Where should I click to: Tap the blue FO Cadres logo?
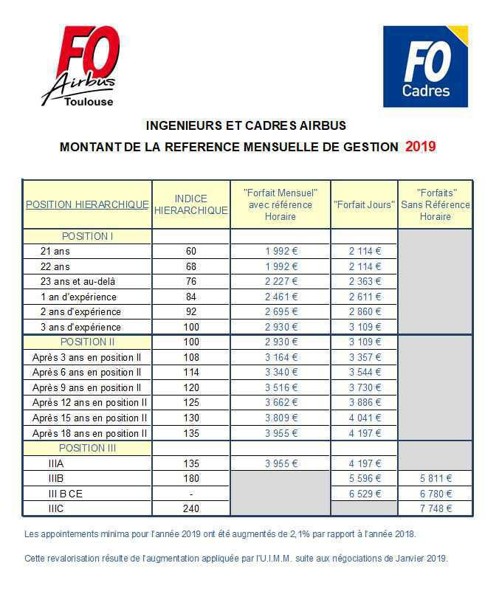tap(426, 66)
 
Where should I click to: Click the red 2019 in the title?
tap(421, 146)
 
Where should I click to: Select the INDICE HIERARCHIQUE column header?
tap(191, 204)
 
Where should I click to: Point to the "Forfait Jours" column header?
tap(365, 204)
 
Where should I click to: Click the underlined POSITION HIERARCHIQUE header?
tap(87, 204)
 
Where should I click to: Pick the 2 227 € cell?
tap(281, 281)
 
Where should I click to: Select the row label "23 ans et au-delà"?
tap(78, 281)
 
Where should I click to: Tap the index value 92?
tap(191, 311)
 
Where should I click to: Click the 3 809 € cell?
tap(281, 418)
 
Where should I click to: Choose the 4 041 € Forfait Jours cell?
tap(365, 418)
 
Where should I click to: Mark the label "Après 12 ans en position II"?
tap(89, 402)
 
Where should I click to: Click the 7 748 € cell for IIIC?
tap(436, 508)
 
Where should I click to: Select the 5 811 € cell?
tap(436, 478)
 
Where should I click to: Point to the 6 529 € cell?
tap(365, 493)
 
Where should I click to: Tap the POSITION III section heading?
tap(87, 448)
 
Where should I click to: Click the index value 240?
tap(191, 508)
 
